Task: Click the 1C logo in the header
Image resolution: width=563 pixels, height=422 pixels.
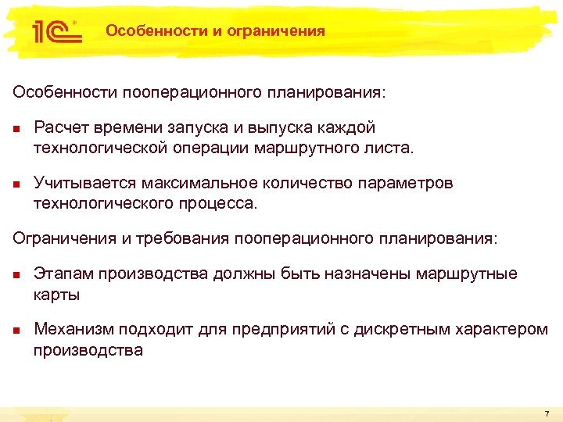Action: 54,31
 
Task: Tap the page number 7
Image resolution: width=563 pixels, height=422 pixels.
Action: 547,413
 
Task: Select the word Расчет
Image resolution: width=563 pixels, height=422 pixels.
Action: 60,127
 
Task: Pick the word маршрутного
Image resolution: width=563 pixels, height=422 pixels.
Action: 307,147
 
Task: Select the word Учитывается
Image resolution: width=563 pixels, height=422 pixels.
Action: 84,183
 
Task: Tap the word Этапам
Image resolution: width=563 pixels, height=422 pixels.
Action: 61,274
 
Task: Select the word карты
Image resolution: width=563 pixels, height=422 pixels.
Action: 56,295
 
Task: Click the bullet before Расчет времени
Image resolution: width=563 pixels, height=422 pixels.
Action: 16,128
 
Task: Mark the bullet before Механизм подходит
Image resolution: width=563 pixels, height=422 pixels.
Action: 16,330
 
